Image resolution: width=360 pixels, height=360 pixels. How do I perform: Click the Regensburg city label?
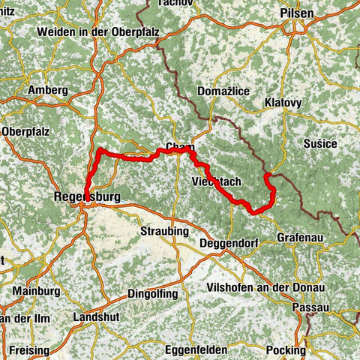click(x=85, y=197)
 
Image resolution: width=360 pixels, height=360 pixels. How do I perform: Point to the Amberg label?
click(x=47, y=90)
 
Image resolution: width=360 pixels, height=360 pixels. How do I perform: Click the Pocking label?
click(x=286, y=350)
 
